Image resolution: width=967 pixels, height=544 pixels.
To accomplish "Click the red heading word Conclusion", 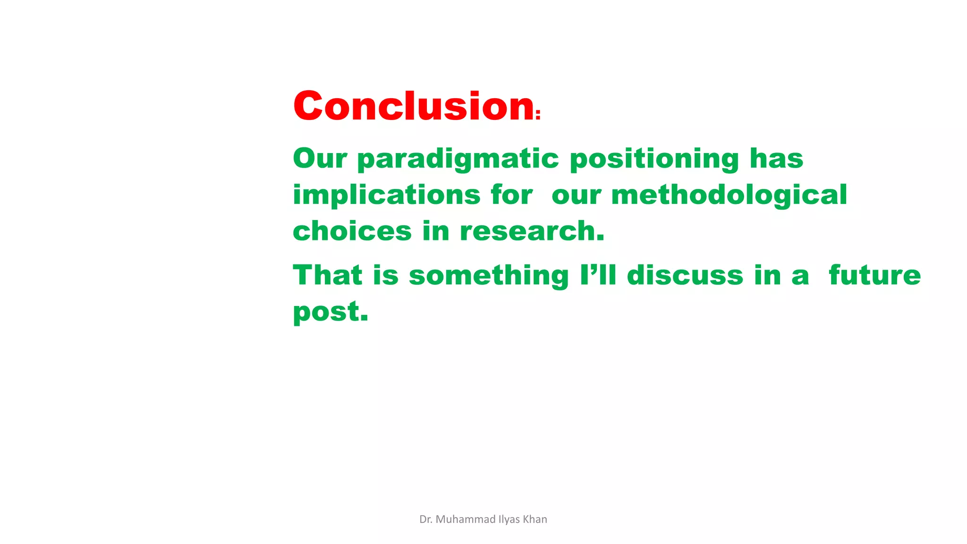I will [414, 106].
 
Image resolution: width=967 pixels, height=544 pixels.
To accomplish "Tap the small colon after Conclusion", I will [538, 115].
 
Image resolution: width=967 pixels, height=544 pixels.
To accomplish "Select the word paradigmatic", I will [458, 160].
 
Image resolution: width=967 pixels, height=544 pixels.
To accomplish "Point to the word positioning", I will [654, 160].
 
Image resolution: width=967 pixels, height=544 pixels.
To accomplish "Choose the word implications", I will [386, 195].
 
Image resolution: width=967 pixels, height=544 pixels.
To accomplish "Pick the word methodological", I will [729, 195].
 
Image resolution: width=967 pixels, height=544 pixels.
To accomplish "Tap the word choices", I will [352, 231].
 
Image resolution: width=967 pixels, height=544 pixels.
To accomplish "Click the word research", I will [532, 231].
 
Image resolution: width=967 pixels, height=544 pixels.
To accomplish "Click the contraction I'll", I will [598, 275].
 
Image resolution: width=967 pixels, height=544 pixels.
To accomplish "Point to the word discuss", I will [685, 275].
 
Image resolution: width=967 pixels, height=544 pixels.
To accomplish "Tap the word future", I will [874, 275].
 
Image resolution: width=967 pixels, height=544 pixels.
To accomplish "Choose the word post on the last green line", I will [330, 312].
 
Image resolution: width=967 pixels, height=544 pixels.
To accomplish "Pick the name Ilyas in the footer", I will [509, 520].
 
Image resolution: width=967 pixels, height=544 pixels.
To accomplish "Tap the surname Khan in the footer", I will [535, 519].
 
